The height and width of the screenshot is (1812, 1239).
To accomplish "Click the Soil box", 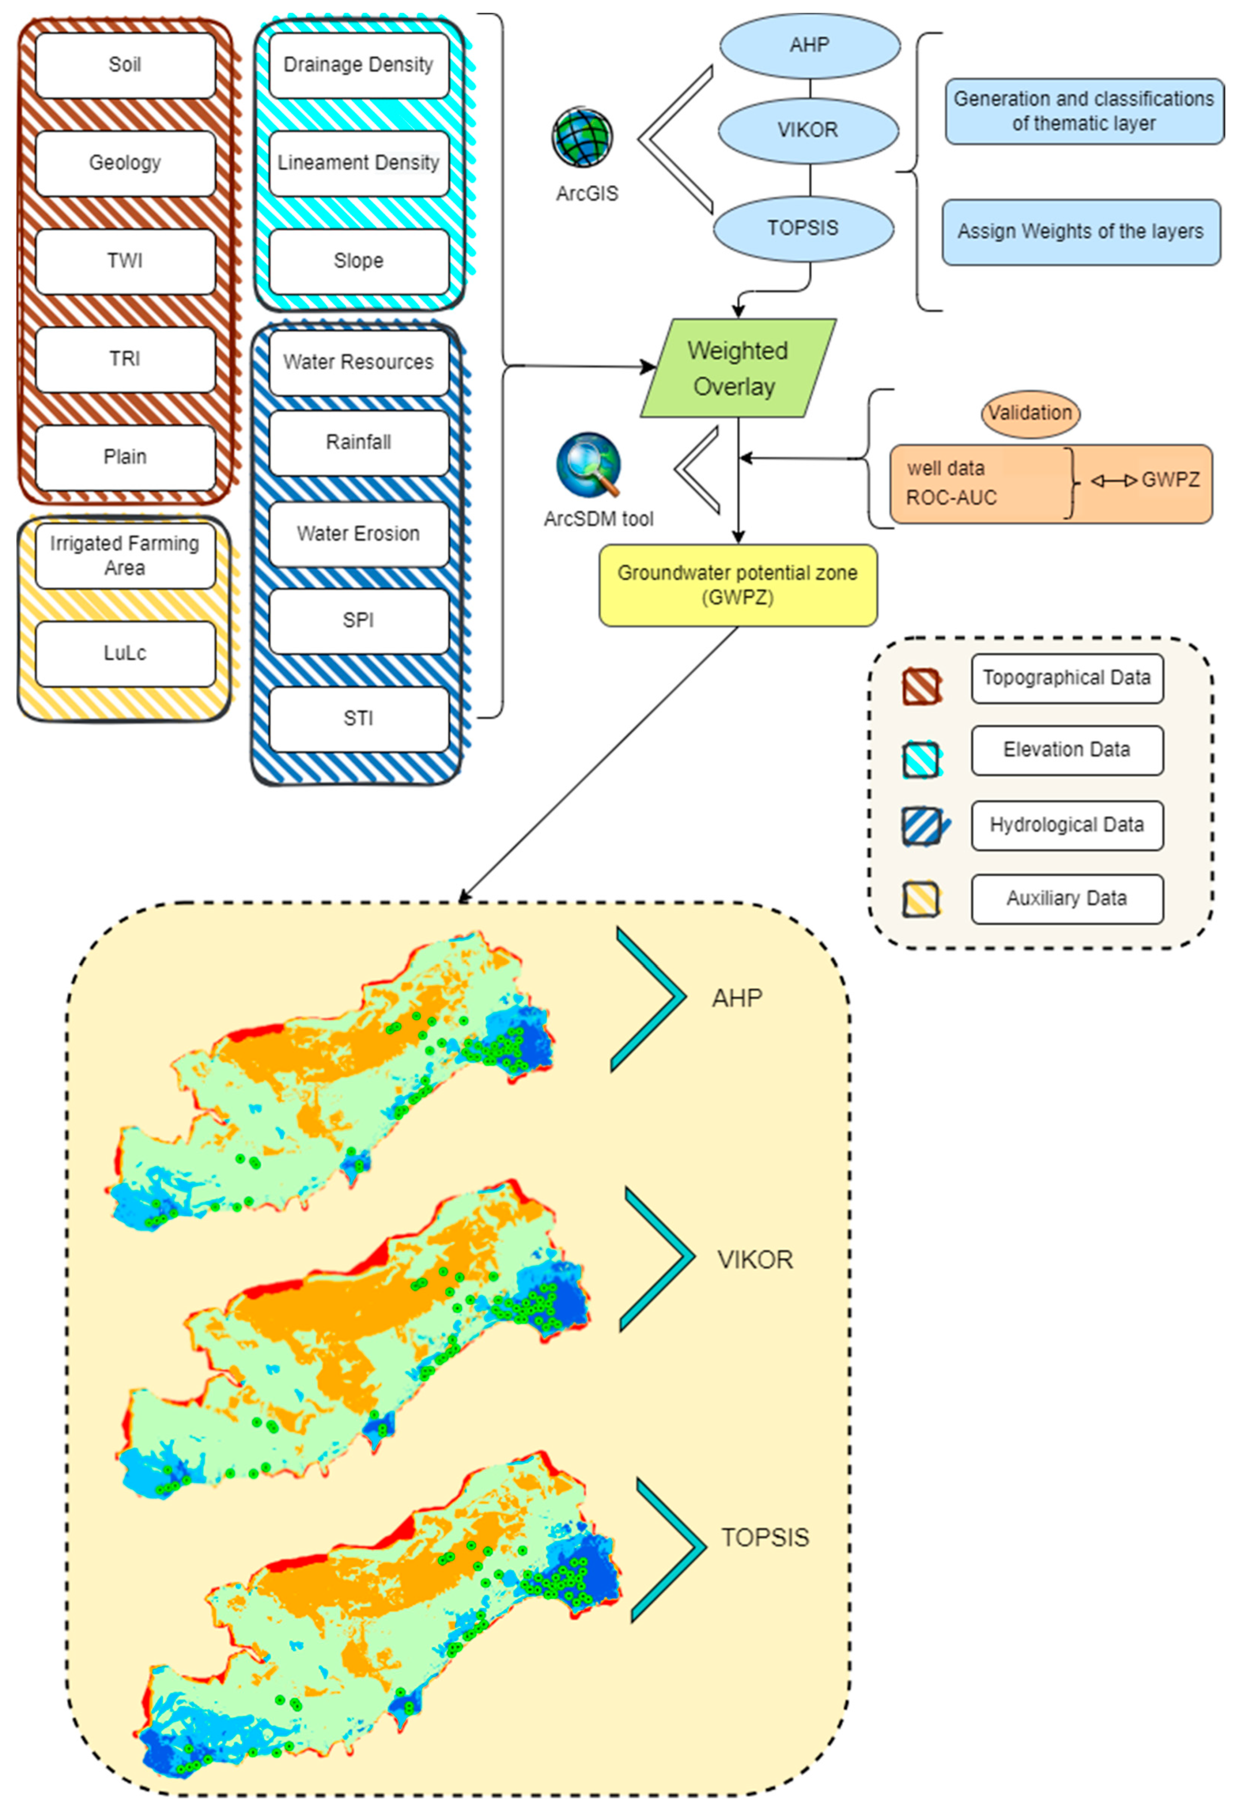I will coord(125,65).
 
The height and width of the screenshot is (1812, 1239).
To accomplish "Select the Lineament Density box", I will coord(358,163).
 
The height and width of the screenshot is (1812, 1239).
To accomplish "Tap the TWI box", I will coord(125,261).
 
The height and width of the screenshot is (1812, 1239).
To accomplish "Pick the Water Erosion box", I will coord(358,534).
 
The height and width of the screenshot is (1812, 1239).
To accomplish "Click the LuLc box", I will coord(125,653).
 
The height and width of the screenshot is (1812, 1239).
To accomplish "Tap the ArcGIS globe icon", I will coord(583,138).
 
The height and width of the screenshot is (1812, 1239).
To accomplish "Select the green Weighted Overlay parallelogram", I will coord(737,369).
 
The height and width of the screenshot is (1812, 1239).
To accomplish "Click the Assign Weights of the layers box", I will coord(1081,232).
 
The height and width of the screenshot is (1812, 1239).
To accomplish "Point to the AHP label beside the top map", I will coord(736,998).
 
